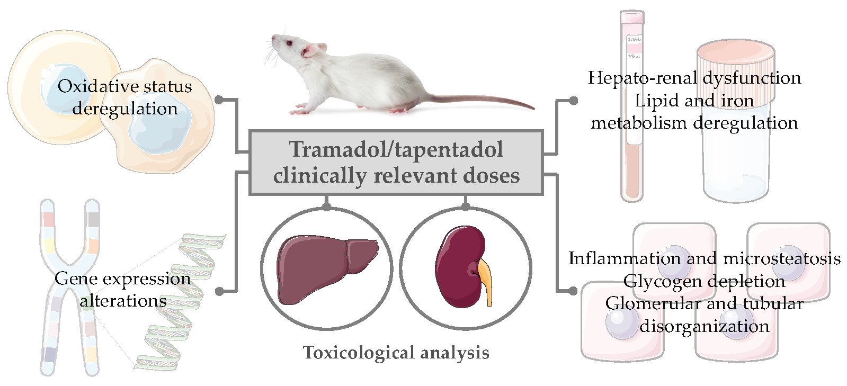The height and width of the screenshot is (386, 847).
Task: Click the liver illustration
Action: [x=327, y=269]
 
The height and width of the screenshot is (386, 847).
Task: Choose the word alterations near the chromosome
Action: [x=123, y=301]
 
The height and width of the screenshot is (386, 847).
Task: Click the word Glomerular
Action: [x=653, y=303]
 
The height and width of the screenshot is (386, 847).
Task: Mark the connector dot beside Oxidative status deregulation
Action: [x=219, y=100]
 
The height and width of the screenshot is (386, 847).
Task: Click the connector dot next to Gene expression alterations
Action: [x=219, y=291]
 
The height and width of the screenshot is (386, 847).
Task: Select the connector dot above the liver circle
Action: [x=327, y=206]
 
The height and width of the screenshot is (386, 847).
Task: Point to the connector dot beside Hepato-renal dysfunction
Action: [x=574, y=101]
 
